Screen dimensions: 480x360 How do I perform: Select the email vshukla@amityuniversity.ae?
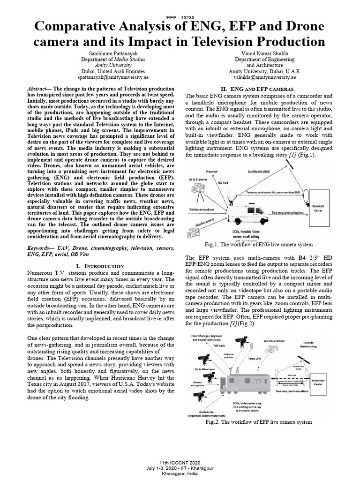click(x=264, y=77)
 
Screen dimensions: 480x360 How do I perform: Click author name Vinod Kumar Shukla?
click(x=264, y=54)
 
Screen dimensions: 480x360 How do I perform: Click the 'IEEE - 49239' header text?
click(x=180, y=17)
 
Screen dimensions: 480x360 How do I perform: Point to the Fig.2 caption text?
click(x=258, y=422)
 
